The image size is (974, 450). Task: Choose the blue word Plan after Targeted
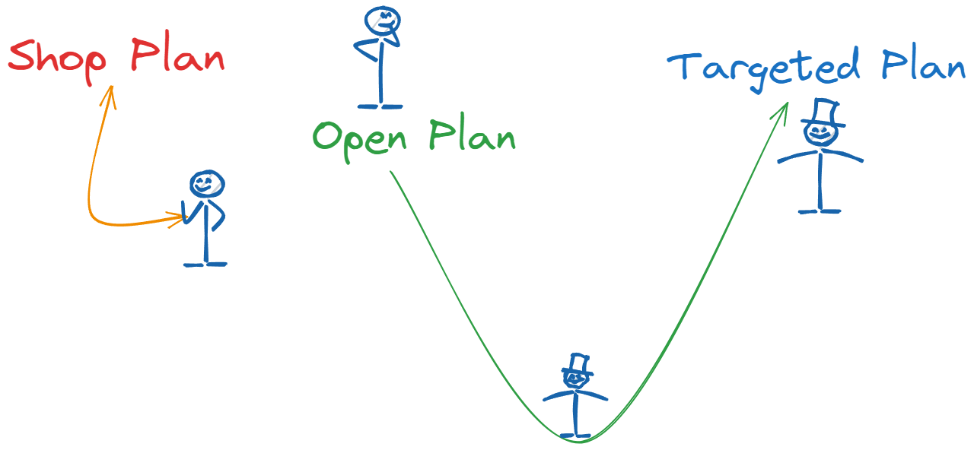(x=923, y=65)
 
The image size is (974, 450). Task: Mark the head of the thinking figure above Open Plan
(x=381, y=21)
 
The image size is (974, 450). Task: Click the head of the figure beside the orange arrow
(x=206, y=183)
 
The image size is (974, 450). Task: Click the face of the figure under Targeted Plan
(x=820, y=135)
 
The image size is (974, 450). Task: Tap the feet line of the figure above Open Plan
(x=380, y=106)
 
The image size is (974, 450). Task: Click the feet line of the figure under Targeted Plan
(x=820, y=211)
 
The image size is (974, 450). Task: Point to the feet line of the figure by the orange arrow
(x=205, y=265)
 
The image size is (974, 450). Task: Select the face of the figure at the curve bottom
(x=576, y=378)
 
